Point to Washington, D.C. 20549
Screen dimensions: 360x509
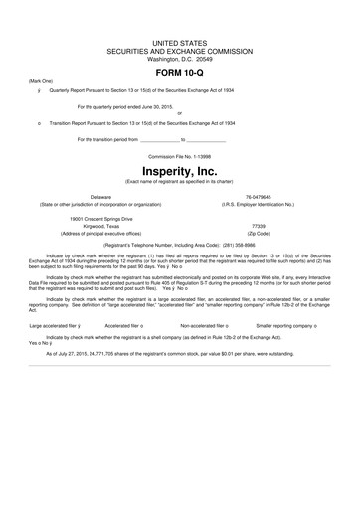coord(180,59)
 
